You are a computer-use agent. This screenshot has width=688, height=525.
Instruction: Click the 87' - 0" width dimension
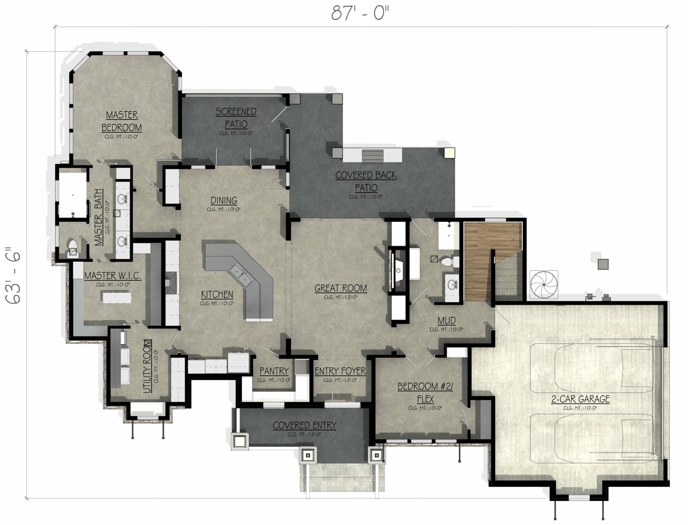360,13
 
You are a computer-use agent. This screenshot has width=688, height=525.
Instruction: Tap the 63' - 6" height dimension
13,276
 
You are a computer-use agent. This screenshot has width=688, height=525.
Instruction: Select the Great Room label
341,288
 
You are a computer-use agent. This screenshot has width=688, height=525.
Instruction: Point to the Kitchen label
217,294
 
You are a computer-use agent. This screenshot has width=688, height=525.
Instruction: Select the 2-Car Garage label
580,399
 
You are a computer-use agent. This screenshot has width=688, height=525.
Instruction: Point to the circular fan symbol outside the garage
544,285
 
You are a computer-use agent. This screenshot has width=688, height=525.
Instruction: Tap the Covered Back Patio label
366,182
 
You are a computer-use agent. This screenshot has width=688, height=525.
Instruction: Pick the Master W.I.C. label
113,276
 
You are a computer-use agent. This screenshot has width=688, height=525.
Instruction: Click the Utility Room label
147,366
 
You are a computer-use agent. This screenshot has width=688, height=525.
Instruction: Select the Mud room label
446,321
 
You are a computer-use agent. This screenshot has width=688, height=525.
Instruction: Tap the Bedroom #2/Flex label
425,393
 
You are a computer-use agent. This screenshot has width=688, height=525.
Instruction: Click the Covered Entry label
304,426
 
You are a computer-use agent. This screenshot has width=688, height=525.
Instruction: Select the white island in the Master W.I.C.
117,297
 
